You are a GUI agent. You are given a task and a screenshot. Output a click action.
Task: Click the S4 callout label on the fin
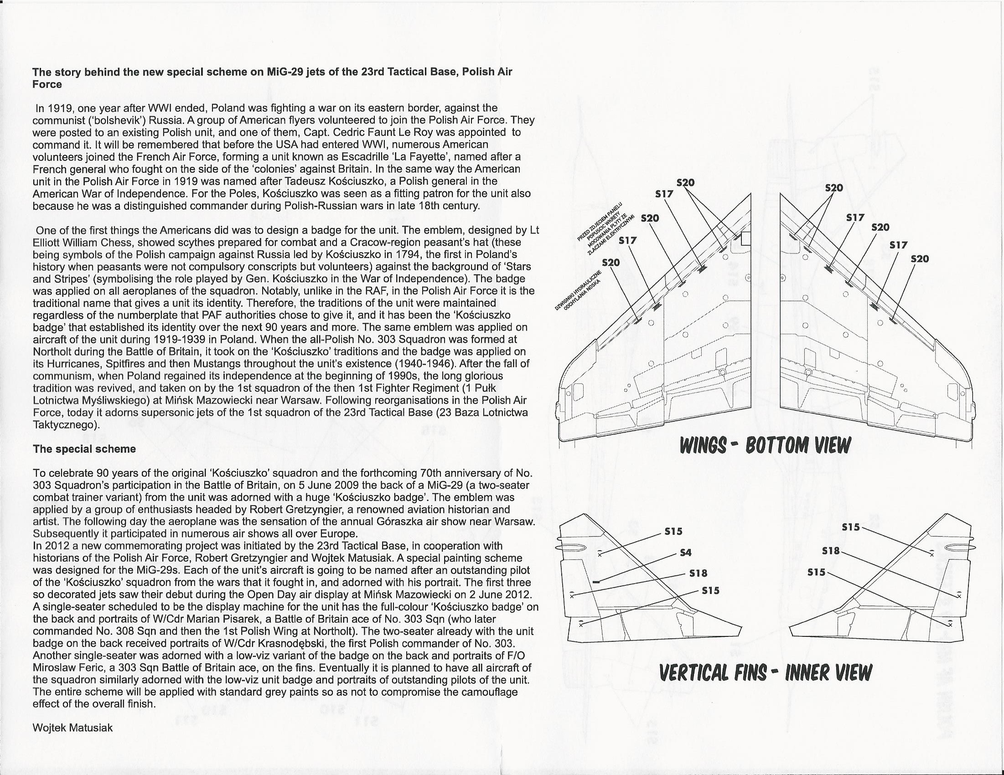coord(685,553)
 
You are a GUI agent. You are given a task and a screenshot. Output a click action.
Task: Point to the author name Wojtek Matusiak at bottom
coord(72,728)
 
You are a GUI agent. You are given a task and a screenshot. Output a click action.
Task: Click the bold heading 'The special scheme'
coord(84,449)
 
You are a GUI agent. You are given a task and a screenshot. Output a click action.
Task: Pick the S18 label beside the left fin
coord(698,573)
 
